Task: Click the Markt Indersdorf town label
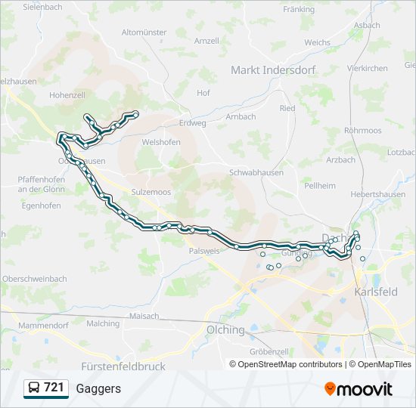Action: pyautogui.click(x=273, y=70)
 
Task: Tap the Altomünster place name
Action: pyautogui.click(x=144, y=32)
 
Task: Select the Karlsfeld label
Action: pyautogui.click(x=376, y=292)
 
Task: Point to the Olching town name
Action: pyautogui.click(x=225, y=330)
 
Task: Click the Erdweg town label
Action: pyautogui.click(x=193, y=122)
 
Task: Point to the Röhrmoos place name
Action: pyautogui.click(x=362, y=130)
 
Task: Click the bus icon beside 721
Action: pyautogui.click(x=34, y=388)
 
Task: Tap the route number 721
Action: pyautogui.click(x=54, y=388)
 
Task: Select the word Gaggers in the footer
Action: pyautogui.click(x=98, y=388)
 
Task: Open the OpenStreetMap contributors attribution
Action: pyautogui.click(x=290, y=364)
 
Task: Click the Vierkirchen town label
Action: pyautogui.click(x=367, y=68)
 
